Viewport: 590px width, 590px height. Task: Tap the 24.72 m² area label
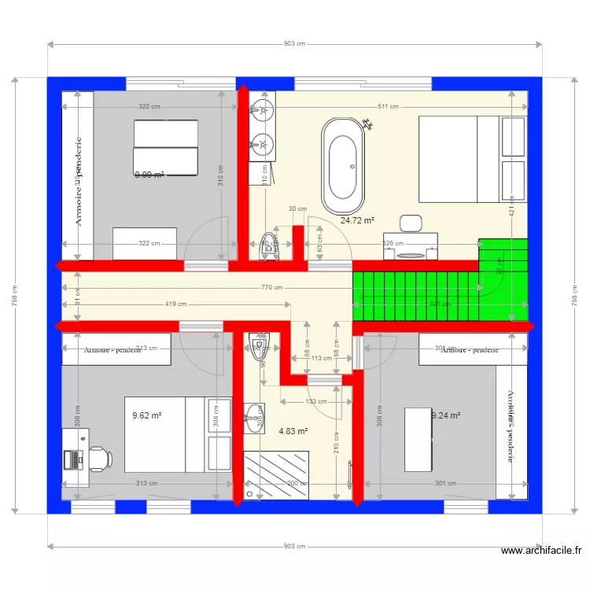(357, 221)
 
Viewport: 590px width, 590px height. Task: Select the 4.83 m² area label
(293, 430)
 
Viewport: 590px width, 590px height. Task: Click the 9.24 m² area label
(446, 415)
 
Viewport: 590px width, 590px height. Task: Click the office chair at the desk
(98, 457)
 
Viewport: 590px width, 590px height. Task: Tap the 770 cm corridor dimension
(273, 288)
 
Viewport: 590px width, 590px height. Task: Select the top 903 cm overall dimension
(294, 44)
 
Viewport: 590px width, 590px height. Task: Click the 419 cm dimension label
(175, 304)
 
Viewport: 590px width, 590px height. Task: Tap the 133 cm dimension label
(315, 401)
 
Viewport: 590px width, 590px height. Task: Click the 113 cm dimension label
(321, 358)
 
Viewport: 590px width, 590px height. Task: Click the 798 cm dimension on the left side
(14, 295)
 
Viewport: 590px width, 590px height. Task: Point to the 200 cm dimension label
(297, 483)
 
